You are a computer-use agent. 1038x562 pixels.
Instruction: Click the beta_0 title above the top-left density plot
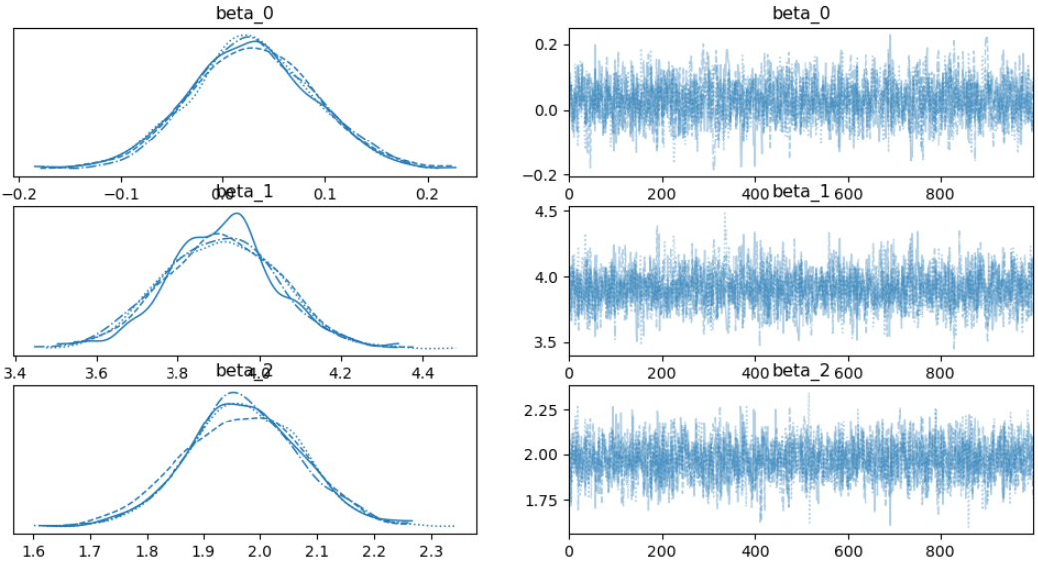pyautogui.click(x=245, y=13)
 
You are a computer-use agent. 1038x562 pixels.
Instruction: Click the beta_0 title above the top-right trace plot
pyautogui.click(x=801, y=13)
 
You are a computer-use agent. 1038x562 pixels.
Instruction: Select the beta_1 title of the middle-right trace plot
pyautogui.click(x=801, y=192)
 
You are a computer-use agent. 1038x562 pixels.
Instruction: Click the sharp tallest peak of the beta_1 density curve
pyautogui.click(x=236, y=214)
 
